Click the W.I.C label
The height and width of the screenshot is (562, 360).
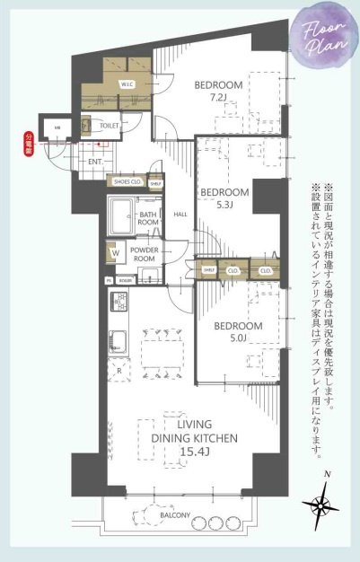pos(127,84)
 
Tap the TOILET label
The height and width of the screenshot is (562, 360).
pos(110,127)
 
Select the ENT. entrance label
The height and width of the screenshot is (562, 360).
pos(95,161)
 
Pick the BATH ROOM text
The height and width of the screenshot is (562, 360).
pos(148,218)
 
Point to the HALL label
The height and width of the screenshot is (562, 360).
pos(180,214)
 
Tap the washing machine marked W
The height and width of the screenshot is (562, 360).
pos(115,254)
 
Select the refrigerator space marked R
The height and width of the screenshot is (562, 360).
pos(119,370)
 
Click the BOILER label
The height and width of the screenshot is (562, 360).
pos(125,280)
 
